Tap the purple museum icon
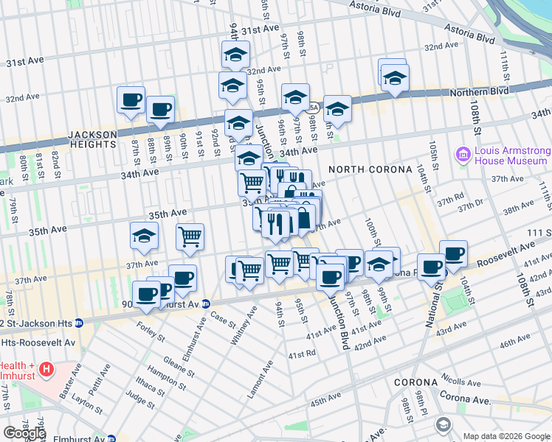point(463,155)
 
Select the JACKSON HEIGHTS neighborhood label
point(92,140)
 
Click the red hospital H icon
point(46,368)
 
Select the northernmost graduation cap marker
point(236,54)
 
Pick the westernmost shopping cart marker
point(190,236)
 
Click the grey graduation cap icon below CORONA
point(443,425)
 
